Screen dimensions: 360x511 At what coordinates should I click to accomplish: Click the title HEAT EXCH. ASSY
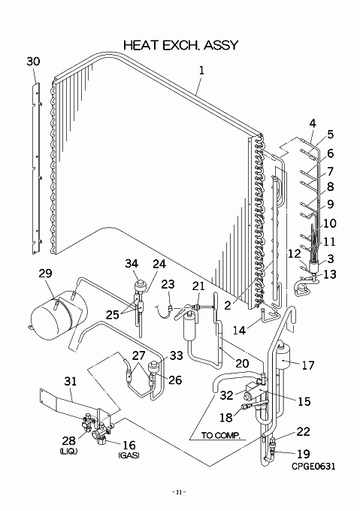[181, 45]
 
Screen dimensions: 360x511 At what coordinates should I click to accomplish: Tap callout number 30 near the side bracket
[33, 62]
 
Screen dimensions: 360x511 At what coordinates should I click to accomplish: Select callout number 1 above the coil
[201, 70]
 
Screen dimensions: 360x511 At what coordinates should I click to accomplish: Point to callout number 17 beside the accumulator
[308, 365]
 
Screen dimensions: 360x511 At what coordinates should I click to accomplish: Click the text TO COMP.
[220, 435]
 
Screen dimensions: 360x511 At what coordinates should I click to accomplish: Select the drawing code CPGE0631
[313, 466]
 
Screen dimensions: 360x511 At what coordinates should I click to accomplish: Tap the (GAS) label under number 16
[129, 455]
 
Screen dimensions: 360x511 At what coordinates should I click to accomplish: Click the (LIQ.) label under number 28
[68, 451]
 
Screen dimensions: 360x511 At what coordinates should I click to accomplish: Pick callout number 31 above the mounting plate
[70, 381]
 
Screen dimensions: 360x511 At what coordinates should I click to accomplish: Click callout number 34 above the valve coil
[132, 263]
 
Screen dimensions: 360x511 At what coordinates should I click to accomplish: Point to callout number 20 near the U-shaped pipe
[242, 363]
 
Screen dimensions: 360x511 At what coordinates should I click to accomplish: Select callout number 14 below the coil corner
[239, 330]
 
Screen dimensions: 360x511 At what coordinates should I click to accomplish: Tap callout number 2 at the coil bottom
[228, 305]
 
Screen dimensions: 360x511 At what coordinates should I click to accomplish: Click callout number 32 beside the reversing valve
[226, 395]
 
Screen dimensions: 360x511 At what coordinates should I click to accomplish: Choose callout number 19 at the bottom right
[304, 454]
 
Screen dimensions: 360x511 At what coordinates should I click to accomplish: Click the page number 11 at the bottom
[179, 492]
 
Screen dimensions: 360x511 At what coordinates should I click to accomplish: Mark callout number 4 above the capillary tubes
[313, 123]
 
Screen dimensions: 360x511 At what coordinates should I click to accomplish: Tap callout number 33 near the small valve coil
[176, 355]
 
